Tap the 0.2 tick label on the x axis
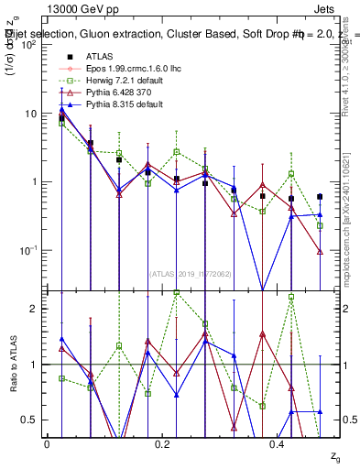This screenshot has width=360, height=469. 163,444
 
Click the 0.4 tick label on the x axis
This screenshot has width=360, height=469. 278,444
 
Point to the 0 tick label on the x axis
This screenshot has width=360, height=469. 47,444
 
